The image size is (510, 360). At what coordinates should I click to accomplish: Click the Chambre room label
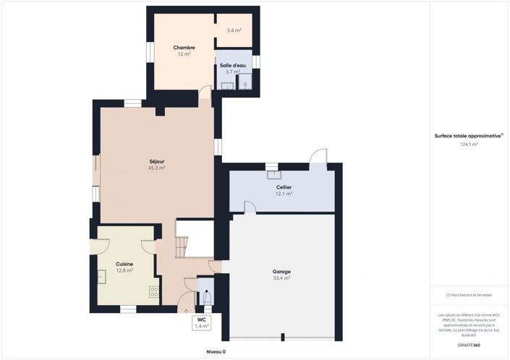click(184, 48)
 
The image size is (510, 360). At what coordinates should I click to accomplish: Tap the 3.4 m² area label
click(234, 30)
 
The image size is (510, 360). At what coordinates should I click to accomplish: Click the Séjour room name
click(156, 160)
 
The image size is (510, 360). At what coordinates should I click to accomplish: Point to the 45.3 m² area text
click(156, 168)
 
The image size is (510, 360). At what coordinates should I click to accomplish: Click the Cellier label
click(284, 187)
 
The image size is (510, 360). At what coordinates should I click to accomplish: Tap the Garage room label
click(281, 271)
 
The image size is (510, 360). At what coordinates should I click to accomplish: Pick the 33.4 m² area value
click(281, 278)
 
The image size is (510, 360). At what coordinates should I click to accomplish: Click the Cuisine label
click(124, 264)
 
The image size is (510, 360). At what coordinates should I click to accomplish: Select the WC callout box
click(201, 322)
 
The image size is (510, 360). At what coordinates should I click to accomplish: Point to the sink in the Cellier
click(273, 173)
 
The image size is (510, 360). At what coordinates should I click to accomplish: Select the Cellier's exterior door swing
click(318, 158)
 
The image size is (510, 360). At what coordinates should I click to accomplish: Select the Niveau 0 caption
click(216, 351)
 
